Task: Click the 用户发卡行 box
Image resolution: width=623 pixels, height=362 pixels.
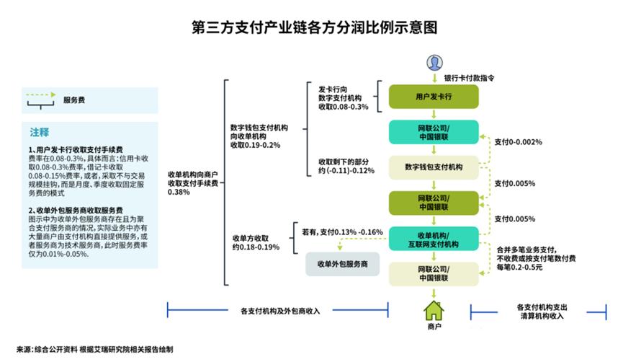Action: tap(434, 97)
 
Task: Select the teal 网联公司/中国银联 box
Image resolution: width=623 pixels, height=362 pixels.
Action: tap(434, 132)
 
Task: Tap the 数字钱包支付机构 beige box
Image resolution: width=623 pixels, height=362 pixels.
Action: tap(434, 167)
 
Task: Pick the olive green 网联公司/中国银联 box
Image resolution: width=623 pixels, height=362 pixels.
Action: tap(434, 202)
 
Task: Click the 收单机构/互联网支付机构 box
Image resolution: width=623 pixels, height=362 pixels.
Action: tap(434, 239)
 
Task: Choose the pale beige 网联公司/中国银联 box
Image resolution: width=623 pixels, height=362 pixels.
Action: tap(434, 273)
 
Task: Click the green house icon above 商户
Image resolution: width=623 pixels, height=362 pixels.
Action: tap(434, 311)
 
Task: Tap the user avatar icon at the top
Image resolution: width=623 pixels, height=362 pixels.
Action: tap(434, 62)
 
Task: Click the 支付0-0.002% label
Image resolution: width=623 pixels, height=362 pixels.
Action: tap(518, 141)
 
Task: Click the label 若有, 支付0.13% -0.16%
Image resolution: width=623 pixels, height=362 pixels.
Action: tap(341, 232)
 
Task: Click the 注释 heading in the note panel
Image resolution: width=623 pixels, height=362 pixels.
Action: tap(40, 132)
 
